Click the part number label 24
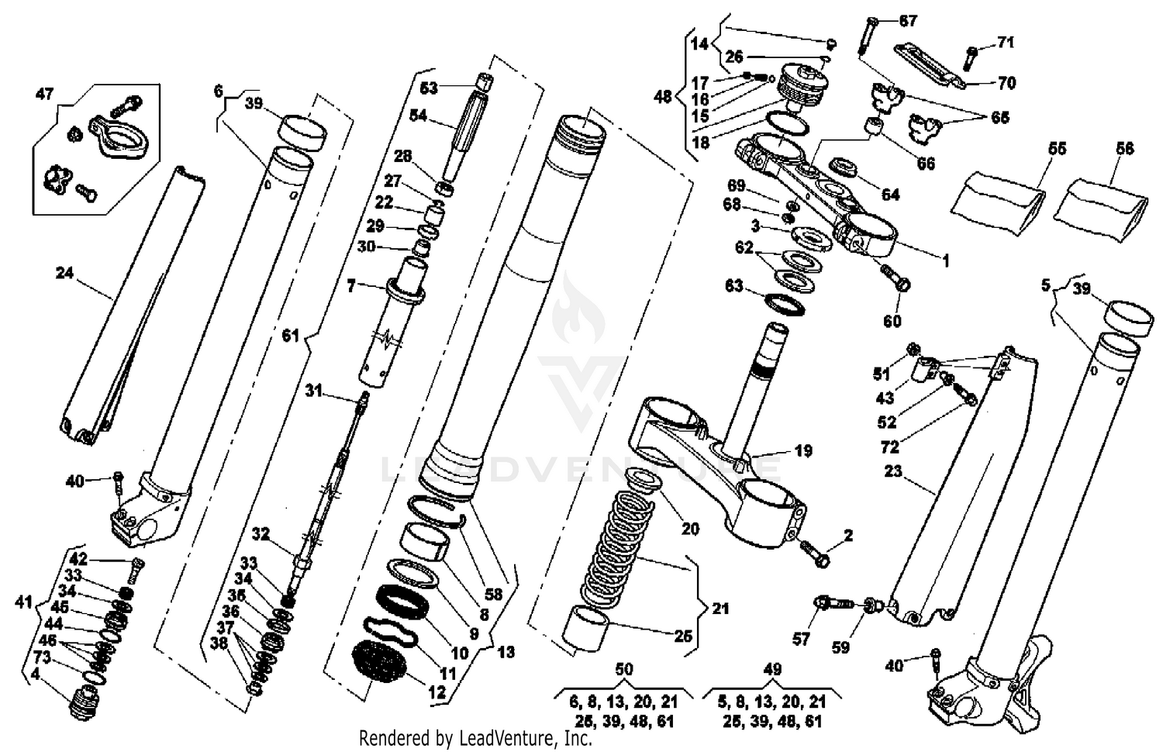click(64, 273)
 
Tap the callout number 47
click(45, 94)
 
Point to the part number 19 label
click(803, 450)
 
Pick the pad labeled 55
click(996, 202)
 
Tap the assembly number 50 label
click(623, 669)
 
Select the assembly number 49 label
click(772, 669)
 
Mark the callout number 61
click(291, 336)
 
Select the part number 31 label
click(312, 392)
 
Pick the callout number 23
click(893, 471)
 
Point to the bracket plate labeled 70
click(930, 65)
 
